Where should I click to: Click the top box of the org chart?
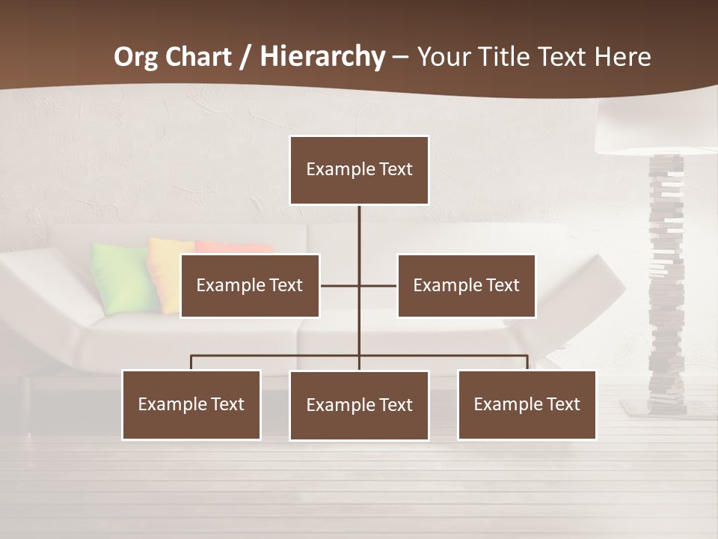click(x=359, y=170)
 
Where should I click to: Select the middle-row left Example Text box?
click(x=250, y=286)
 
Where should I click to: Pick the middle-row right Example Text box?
click(x=466, y=286)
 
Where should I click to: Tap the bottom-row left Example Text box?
click(x=191, y=405)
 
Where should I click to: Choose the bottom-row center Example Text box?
click(x=359, y=406)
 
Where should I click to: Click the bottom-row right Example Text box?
click(x=527, y=405)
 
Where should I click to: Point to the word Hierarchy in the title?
click(x=322, y=57)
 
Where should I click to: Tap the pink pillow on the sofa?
click(x=232, y=247)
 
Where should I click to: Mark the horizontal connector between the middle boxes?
click(x=358, y=286)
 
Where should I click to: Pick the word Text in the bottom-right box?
click(x=562, y=405)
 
